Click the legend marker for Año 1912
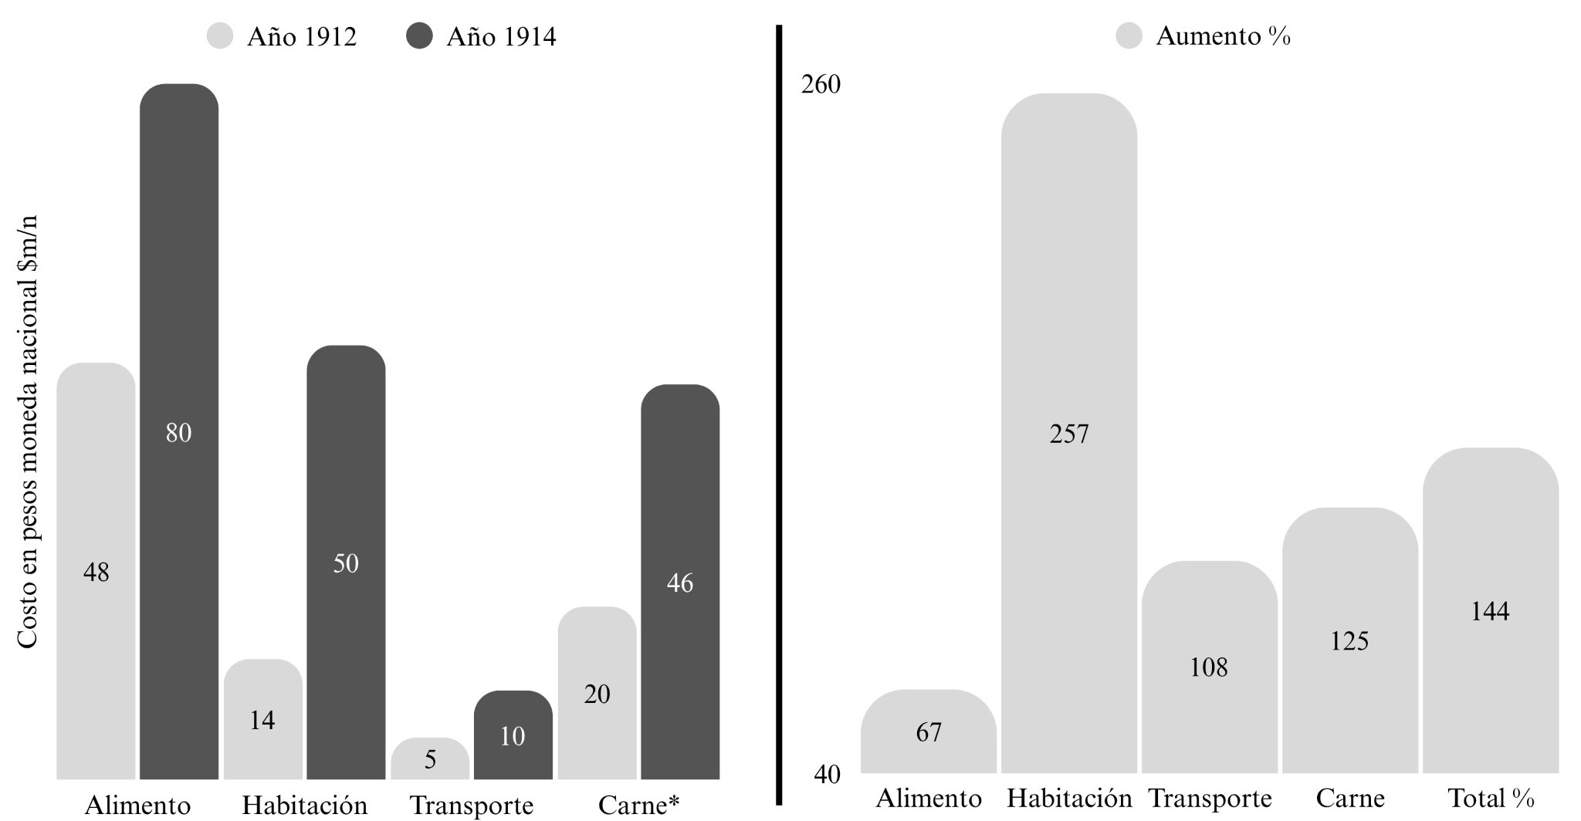click(x=221, y=36)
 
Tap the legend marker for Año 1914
click(x=420, y=36)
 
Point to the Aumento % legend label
click(x=1223, y=36)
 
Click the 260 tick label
click(x=821, y=84)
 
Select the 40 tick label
click(x=827, y=774)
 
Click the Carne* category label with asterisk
click(x=638, y=805)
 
